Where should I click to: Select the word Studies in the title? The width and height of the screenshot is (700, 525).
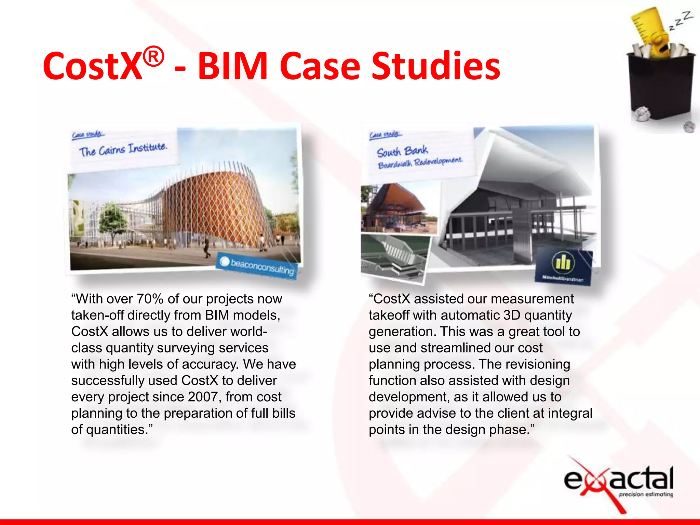point(435,66)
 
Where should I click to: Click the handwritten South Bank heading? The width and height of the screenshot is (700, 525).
point(402,151)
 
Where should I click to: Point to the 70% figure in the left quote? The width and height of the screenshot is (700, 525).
point(150,299)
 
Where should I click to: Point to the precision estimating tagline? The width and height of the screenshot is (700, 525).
point(646,494)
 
